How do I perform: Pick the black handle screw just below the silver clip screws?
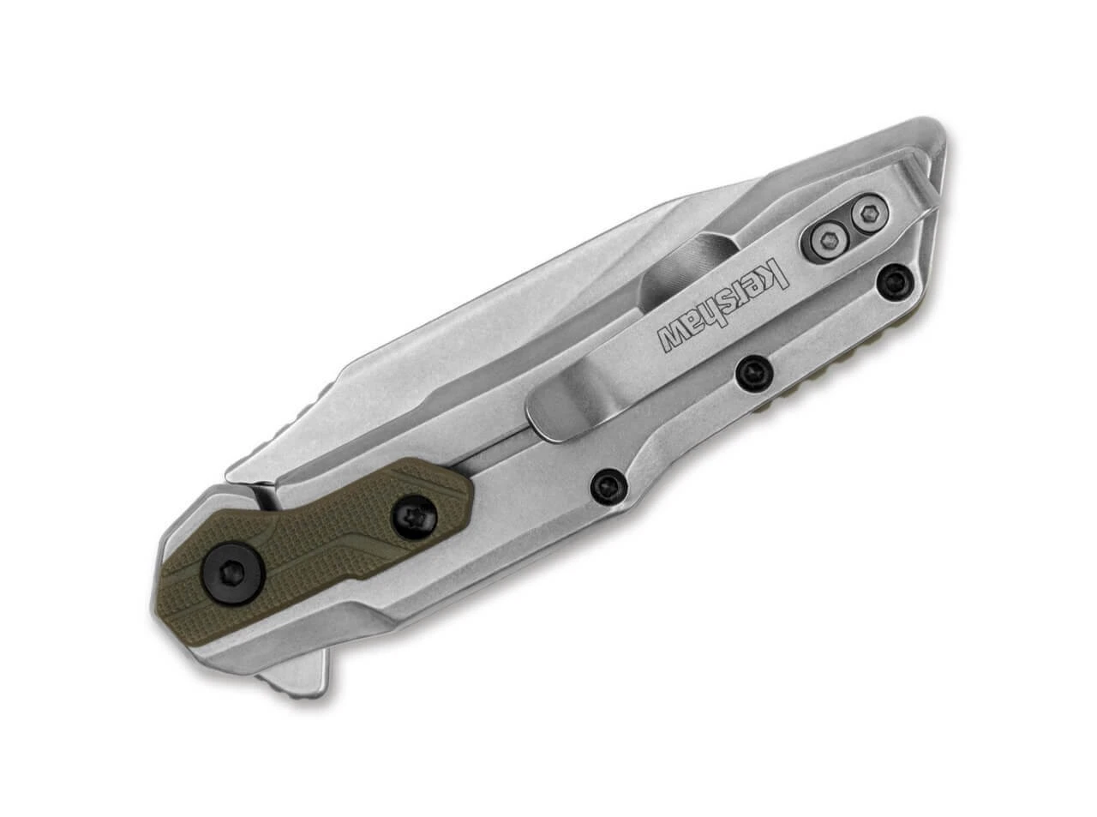[894, 279]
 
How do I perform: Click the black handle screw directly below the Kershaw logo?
[752, 370]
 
